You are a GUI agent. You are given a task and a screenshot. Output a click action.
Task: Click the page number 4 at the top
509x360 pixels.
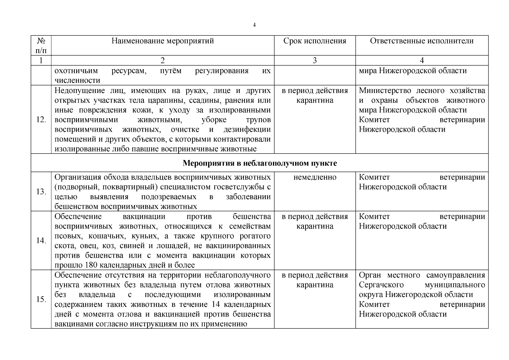coord(254,25)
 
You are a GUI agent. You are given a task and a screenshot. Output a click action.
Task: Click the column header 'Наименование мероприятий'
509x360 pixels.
coord(163,41)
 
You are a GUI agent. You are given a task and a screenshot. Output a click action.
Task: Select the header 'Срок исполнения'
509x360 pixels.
coord(315,41)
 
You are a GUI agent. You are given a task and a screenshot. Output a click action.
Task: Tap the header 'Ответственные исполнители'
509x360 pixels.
coord(422,41)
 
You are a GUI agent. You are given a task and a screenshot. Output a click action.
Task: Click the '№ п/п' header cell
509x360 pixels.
coord(41,45)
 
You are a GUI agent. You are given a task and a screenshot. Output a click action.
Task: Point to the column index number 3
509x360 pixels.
coord(315,61)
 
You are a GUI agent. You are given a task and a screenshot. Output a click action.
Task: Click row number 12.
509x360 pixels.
coord(41,120)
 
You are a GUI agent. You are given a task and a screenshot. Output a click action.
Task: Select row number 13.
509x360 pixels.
coord(41,192)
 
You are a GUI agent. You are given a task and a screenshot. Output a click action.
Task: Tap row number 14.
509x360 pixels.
coord(41,241)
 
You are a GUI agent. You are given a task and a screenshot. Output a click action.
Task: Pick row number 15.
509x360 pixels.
coord(41,299)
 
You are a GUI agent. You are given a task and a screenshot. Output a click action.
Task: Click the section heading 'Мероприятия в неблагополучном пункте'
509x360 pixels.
coord(260,163)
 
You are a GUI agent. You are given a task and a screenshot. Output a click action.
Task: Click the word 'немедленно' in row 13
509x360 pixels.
coord(315,177)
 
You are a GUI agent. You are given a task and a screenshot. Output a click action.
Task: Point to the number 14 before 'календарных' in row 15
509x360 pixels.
coord(218,304)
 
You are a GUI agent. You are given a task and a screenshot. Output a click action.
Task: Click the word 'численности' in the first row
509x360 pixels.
coord(77,80)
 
